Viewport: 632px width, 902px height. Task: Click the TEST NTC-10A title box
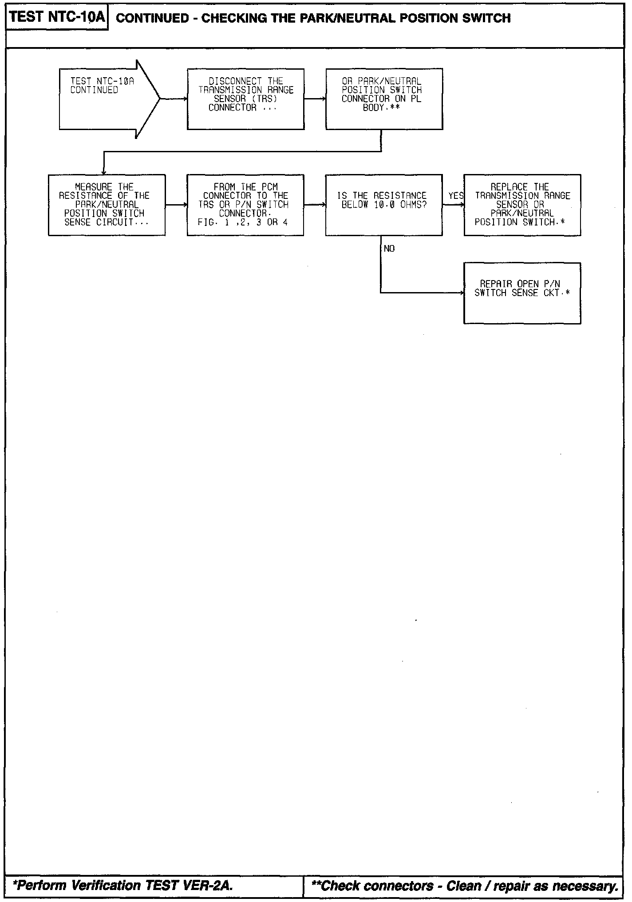point(57,17)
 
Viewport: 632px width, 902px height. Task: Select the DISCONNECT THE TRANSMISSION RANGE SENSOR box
point(245,99)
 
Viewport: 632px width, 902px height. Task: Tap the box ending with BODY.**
point(384,99)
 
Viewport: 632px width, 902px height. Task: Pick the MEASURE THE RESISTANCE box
point(107,205)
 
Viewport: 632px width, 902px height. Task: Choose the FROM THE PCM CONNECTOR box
point(245,205)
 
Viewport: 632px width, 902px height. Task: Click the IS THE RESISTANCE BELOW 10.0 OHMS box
point(384,205)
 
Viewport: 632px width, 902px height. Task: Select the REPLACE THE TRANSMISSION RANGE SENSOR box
point(522,205)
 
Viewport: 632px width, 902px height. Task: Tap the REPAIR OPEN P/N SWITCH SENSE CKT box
point(522,293)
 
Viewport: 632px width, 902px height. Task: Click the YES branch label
point(456,196)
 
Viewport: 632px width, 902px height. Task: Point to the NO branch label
point(389,249)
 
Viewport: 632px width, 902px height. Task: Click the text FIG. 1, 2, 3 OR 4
point(243,222)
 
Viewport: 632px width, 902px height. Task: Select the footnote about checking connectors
point(465,886)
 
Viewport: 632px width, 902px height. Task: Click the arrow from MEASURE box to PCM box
point(176,205)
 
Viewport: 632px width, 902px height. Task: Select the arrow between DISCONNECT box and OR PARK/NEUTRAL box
point(315,99)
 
